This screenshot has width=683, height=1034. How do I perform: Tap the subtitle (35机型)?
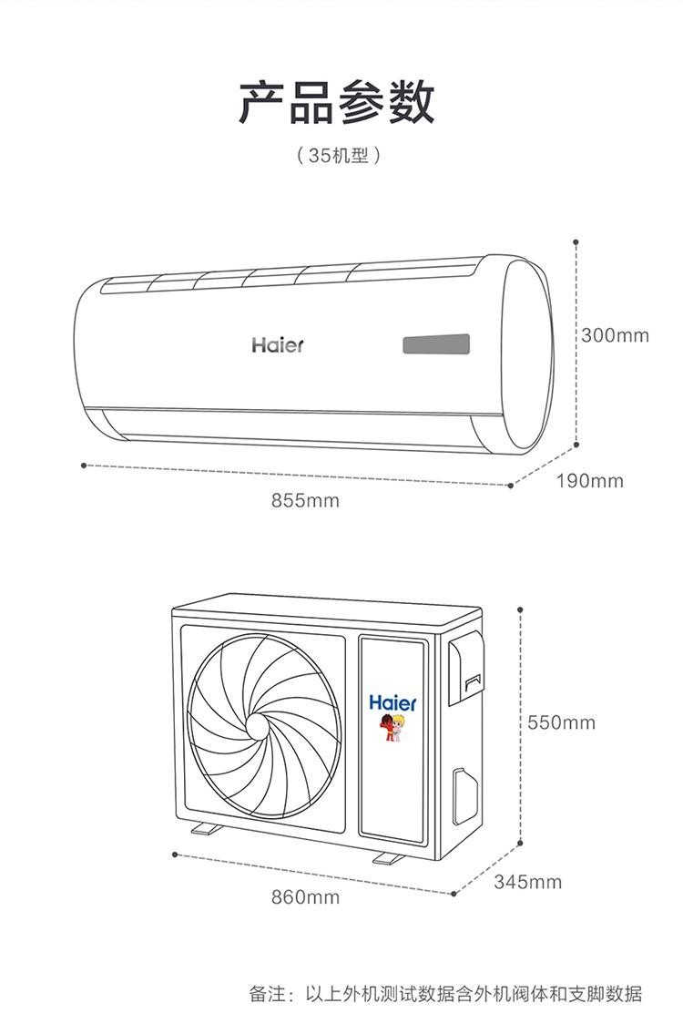pos(338,156)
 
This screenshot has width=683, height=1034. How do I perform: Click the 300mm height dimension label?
pos(615,335)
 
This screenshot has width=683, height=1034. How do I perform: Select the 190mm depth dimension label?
pos(589,481)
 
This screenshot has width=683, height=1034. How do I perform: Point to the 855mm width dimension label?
pos(305,500)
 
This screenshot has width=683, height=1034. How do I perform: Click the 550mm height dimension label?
pos(561,722)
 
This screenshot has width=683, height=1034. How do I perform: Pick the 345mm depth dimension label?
pos(527,882)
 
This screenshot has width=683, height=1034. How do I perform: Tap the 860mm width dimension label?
pos(305,896)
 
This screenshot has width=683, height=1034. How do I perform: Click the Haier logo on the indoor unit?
pos(278,345)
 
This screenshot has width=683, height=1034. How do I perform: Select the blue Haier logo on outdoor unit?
pos(392,703)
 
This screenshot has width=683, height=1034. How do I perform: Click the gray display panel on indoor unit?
pos(436,344)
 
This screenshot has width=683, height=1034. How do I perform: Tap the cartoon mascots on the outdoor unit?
pos(392,727)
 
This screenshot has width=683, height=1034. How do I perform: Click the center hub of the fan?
pos(258,726)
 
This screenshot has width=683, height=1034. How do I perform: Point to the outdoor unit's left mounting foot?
pos(207,828)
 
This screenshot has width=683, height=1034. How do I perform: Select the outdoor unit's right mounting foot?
pos(388,858)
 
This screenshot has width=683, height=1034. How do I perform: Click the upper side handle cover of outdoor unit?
pos(465,668)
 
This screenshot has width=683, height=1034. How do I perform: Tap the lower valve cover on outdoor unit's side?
pos(464,796)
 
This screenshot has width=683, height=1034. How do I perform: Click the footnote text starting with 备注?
pos(445,994)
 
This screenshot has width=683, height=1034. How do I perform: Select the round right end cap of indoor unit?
pos(526,354)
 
